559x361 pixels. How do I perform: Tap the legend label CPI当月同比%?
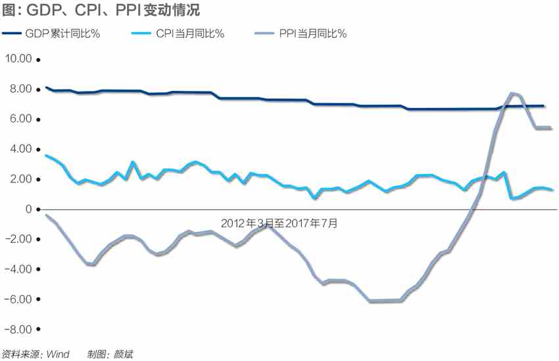[x=190, y=34]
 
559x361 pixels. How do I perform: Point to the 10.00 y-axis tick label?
[x=18, y=59]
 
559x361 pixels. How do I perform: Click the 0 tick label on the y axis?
[x=28, y=209]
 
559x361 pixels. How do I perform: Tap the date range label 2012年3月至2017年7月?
[x=279, y=223]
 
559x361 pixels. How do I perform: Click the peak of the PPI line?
[x=512, y=94]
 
